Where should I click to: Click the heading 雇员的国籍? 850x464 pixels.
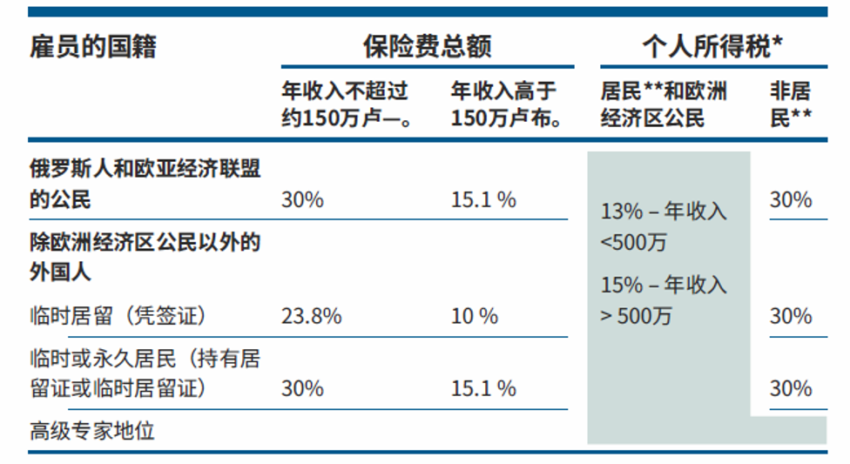tap(92, 47)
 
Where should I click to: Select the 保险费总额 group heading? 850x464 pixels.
tap(427, 47)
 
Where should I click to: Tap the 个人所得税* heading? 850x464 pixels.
tap(713, 46)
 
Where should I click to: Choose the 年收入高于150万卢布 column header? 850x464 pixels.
tap(506, 104)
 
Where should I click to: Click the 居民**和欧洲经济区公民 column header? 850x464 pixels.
tap(664, 104)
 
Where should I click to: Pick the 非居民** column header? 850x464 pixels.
tap(791, 104)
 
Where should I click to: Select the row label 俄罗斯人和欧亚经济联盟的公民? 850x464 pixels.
tap(145, 185)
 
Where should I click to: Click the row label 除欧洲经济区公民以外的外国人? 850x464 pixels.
tap(145, 257)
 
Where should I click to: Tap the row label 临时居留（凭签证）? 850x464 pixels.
tap(118, 316)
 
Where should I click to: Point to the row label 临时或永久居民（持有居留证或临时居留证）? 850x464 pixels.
tap(145, 373)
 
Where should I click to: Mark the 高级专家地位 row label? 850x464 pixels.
tap(92, 432)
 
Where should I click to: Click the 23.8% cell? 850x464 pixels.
tap(312, 316)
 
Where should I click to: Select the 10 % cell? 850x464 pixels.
tap(475, 316)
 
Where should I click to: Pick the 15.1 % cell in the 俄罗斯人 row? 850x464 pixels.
tap(483, 200)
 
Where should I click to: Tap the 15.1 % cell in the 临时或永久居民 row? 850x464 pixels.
tap(483, 388)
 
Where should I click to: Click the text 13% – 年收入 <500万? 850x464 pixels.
tap(664, 226)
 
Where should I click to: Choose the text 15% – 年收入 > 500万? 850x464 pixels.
tap(664, 300)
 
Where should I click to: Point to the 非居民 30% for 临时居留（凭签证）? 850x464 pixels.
tap(791, 316)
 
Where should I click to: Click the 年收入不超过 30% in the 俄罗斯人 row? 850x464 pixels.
tap(302, 200)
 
